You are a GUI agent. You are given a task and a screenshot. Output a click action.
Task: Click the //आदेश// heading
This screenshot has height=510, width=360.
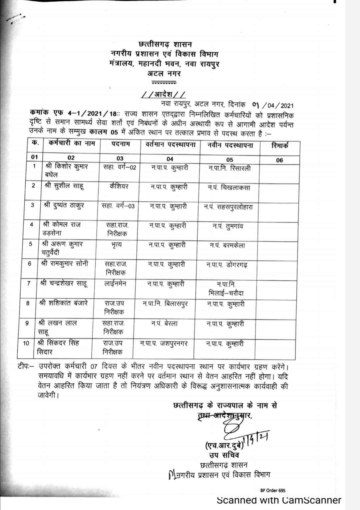point(163,95)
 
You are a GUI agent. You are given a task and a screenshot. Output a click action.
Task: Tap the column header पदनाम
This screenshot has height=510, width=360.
point(120,144)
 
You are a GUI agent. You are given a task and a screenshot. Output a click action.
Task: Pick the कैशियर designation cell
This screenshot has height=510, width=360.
point(119,186)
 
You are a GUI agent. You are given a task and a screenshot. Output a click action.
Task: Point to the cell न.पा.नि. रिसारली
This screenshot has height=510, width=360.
point(229,168)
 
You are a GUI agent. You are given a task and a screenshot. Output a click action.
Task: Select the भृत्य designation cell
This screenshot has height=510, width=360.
point(116,245)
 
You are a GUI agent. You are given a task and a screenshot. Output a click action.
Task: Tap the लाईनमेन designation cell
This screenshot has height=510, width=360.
point(115,284)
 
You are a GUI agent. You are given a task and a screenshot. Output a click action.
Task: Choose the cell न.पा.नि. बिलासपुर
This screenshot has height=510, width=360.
point(165,304)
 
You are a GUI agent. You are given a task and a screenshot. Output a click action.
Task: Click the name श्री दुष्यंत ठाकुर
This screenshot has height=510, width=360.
point(64,205)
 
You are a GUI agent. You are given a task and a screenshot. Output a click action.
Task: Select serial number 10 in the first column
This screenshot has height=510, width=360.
point(26,343)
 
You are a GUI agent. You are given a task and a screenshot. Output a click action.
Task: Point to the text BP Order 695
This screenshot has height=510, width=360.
point(273,490)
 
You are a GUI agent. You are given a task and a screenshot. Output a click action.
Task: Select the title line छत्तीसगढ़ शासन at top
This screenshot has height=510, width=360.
point(165,44)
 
